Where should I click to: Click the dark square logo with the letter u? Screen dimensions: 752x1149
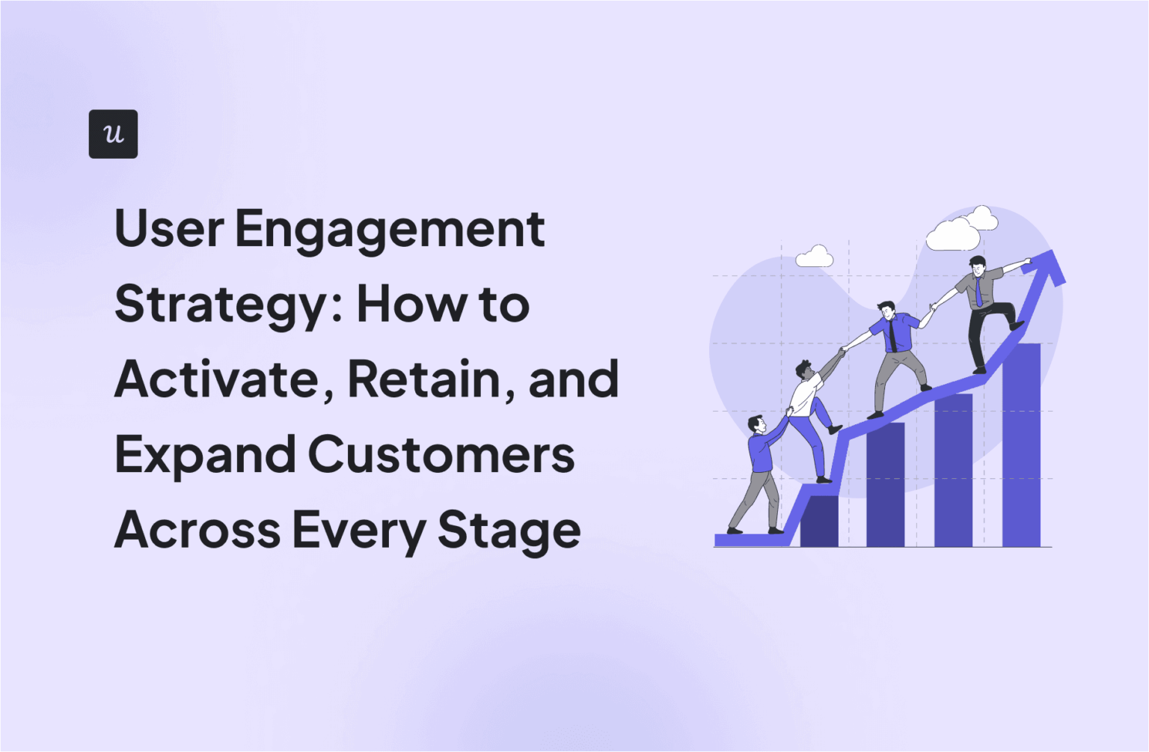pos(113,134)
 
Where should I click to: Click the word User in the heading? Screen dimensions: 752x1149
pos(169,229)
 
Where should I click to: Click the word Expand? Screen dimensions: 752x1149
pos(205,456)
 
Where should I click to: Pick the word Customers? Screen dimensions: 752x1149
pos(441,454)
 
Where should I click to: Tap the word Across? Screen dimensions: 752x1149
pos(197,529)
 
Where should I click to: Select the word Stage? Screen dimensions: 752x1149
pos(509,531)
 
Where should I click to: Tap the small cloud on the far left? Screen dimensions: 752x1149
pos(814,257)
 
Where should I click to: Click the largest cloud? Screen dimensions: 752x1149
pos(953,234)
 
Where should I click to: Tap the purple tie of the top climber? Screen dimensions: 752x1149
pos(978,292)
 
